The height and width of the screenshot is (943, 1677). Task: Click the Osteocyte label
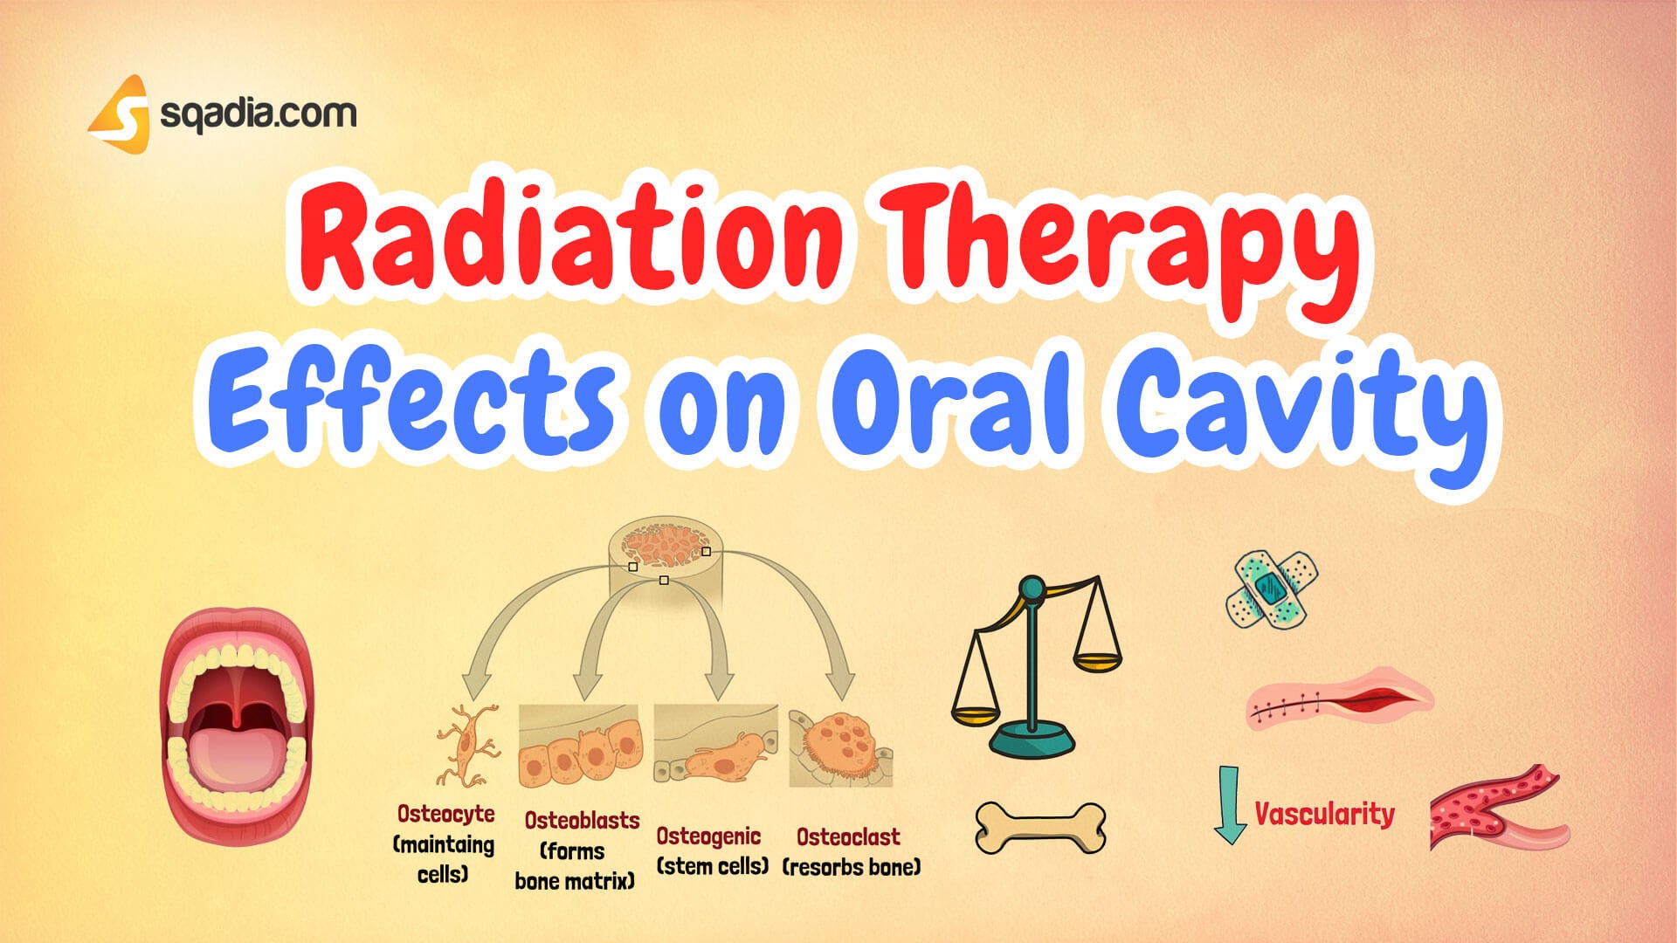pos(445,814)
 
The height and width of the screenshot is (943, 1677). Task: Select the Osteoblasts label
pos(582,820)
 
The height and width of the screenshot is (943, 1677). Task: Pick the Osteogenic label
pos(708,836)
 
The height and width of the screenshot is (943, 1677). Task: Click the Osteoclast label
pos(848,836)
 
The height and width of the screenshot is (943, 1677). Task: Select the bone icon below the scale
pos(1040,827)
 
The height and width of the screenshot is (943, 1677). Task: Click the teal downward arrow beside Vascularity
pos(1230,804)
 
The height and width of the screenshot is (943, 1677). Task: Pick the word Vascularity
pos(1324,814)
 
